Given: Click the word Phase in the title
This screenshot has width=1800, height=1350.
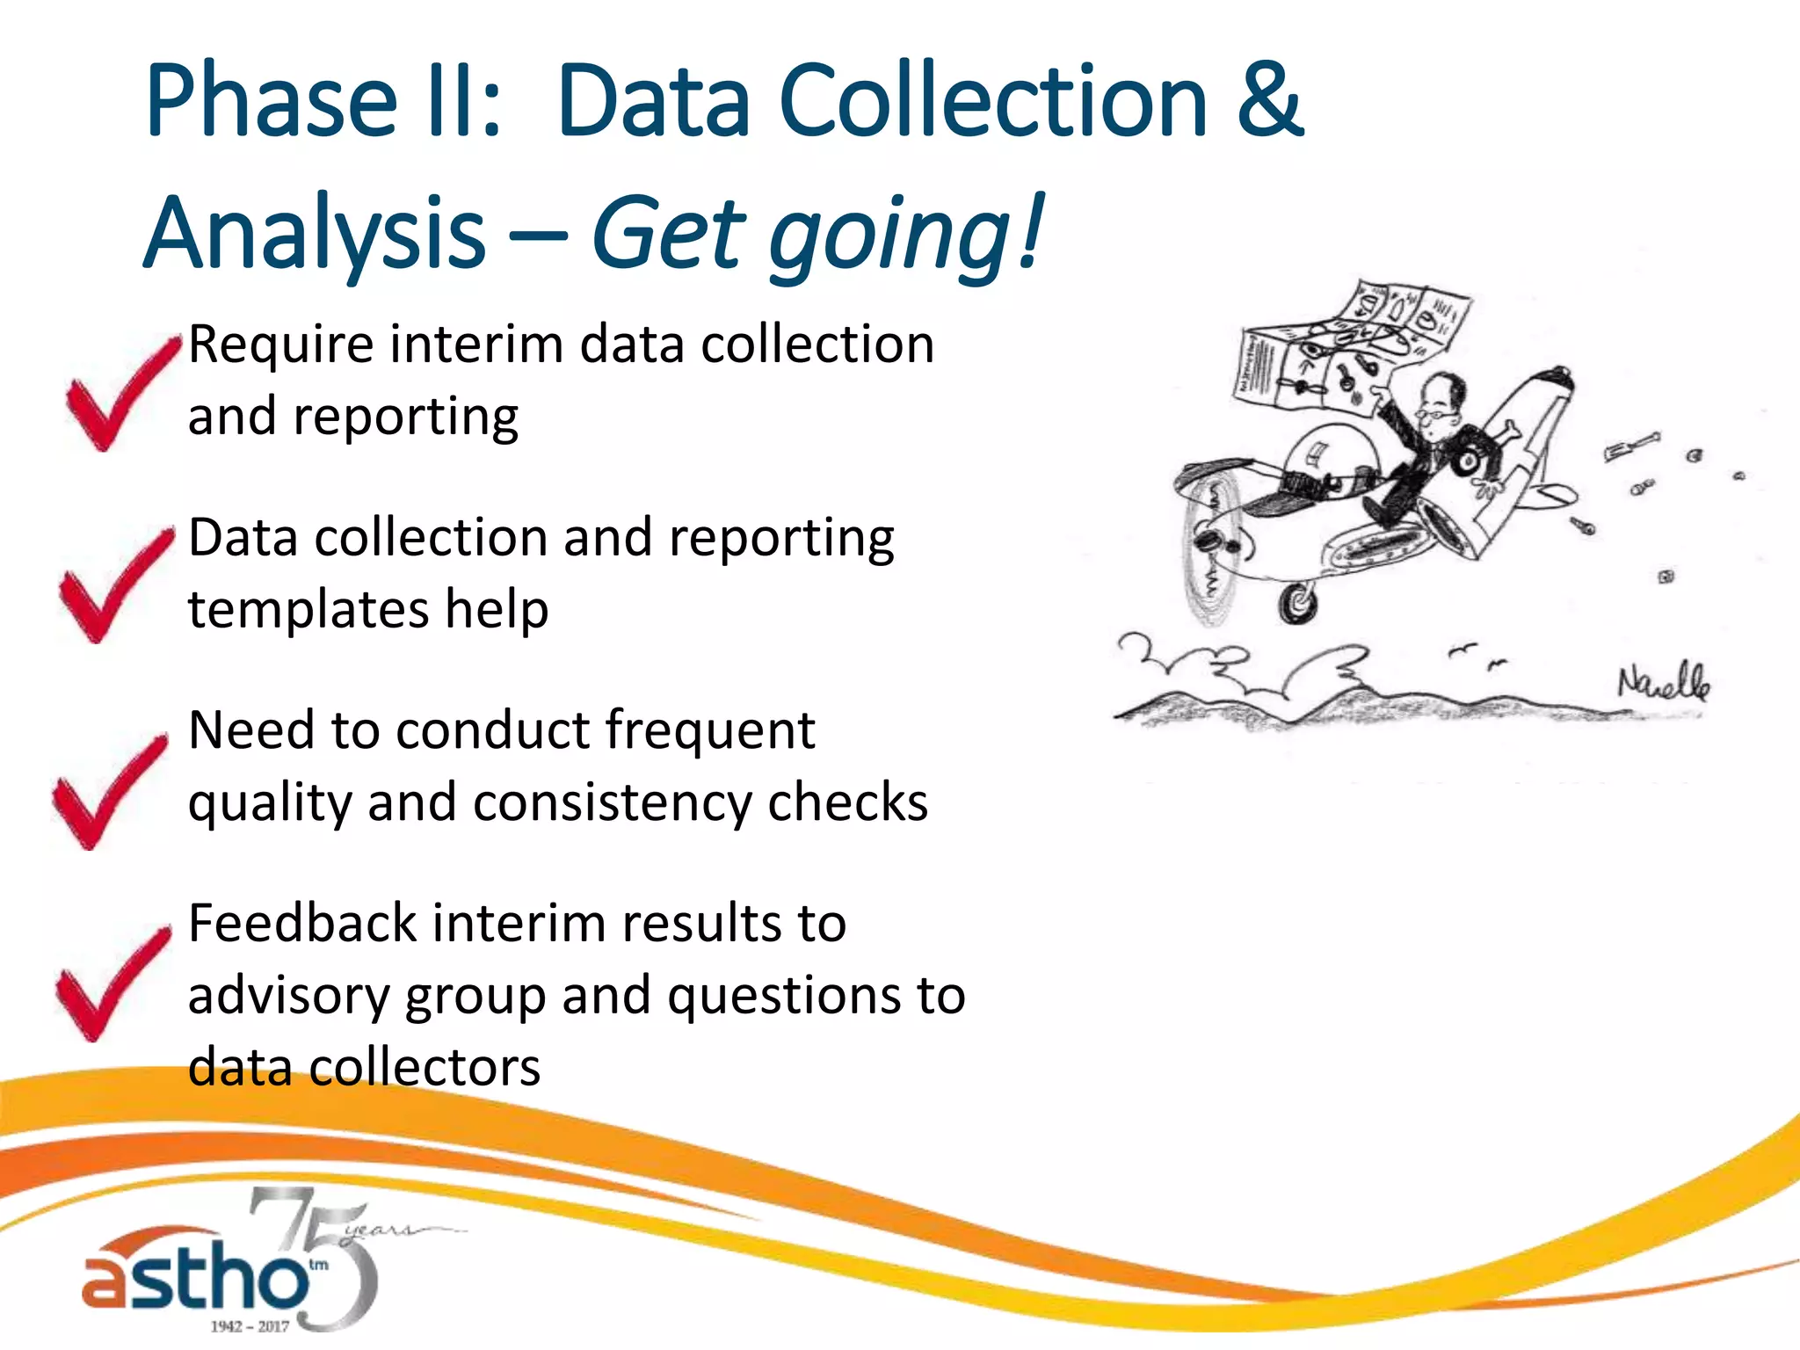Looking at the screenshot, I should click(x=272, y=101).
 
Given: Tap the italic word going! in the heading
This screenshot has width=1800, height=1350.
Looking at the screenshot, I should click(x=905, y=236).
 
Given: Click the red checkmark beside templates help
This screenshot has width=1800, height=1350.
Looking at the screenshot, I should click(x=114, y=586).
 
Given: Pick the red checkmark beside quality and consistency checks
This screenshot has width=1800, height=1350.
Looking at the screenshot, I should click(x=107, y=793).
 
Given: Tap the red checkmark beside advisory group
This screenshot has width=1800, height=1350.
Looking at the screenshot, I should click(x=111, y=984).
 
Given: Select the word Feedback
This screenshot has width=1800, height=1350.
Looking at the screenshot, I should click(x=302, y=924).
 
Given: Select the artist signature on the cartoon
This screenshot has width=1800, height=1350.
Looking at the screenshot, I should click(x=1663, y=682).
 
